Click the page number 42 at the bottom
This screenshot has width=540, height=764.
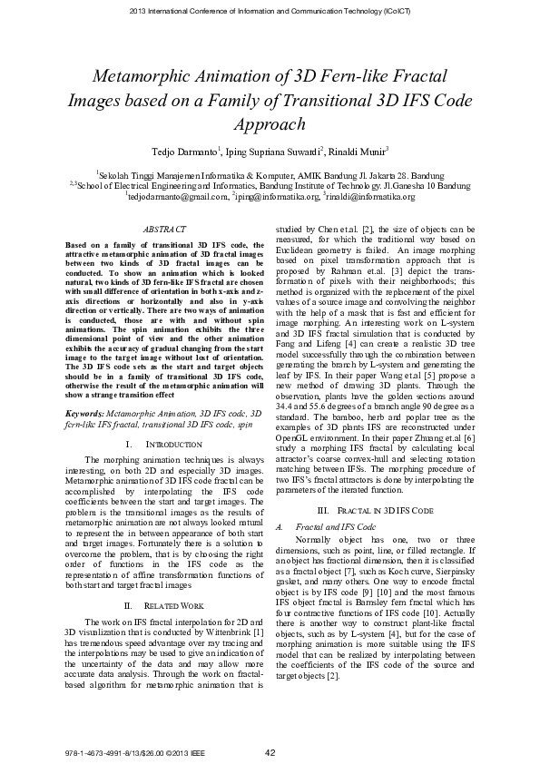(x=270, y=752)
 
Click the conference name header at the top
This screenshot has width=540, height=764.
(x=270, y=10)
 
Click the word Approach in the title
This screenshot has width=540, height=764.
(x=270, y=124)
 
